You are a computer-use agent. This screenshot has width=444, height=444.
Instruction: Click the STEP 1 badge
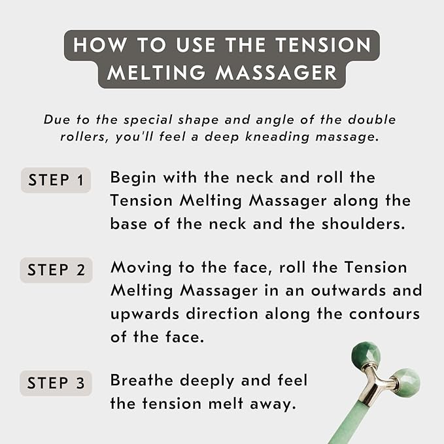point(56,180)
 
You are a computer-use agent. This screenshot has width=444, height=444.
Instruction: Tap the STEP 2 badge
point(56,270)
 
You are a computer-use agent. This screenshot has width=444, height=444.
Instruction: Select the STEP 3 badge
point(56,383)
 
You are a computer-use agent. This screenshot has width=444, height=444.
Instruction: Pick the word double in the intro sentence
point(374,120)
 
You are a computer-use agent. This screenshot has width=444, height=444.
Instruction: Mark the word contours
point(384,313)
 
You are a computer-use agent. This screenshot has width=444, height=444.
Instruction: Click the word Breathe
point(142,381)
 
